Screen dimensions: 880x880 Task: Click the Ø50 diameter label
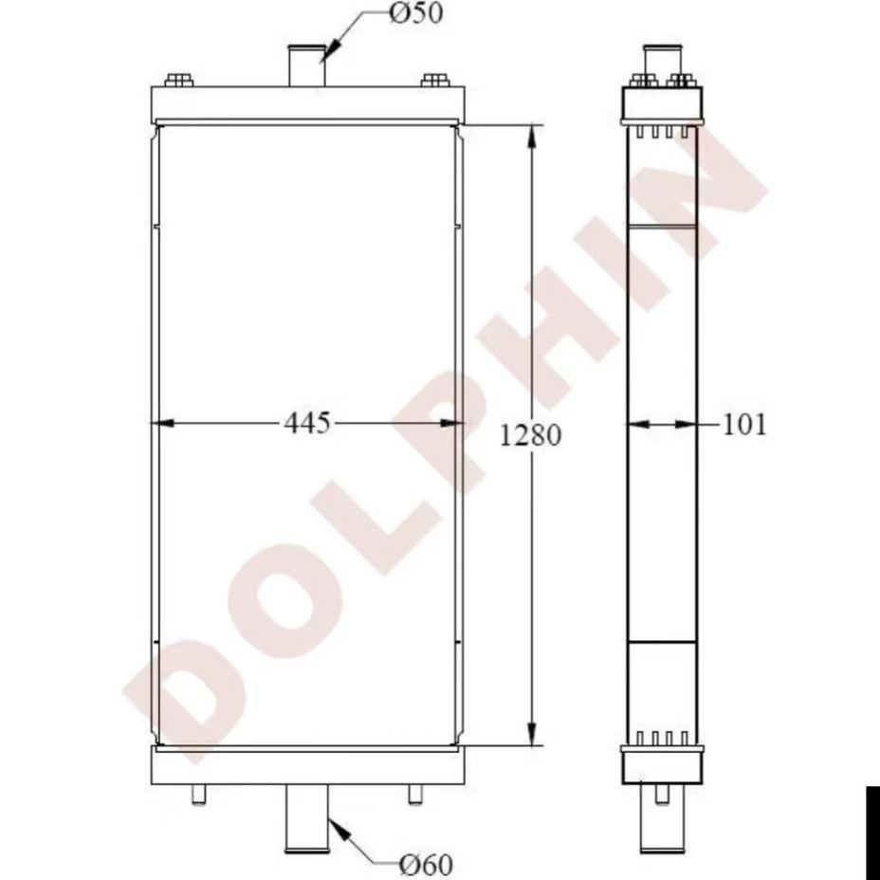(415, 15)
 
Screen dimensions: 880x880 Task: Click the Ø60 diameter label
(425, 864)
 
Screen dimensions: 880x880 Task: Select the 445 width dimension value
(307, 423)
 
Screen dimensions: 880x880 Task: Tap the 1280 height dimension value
(531, 435)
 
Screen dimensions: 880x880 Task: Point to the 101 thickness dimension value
(744, 424)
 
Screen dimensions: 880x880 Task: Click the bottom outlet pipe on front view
(307, 821)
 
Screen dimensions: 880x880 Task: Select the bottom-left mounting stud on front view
(198, 795)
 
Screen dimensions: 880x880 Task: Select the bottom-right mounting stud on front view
(414, 795)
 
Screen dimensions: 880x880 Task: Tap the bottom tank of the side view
(661, 764)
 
